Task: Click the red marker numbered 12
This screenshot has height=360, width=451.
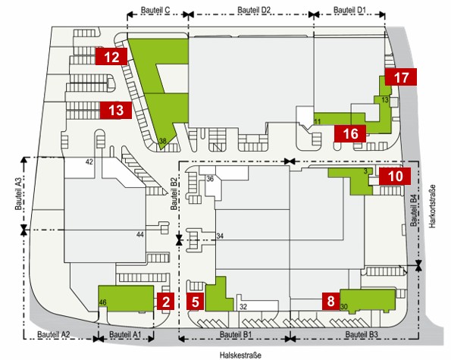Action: [111, 57]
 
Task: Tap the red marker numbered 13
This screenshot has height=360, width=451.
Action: [116, 110]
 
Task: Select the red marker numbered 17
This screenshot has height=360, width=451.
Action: [401, 77]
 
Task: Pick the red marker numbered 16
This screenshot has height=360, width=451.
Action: [350, 133]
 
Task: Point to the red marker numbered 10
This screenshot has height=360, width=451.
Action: [395, 176]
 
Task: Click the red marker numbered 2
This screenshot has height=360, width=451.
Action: [166, 302]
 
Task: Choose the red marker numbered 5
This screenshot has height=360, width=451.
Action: [196, 302]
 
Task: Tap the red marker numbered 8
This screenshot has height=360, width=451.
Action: [330, 302]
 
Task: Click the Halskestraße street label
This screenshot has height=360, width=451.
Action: [240, 355]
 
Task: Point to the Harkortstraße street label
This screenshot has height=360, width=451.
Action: [432, 206]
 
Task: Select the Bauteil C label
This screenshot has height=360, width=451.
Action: [155, 10]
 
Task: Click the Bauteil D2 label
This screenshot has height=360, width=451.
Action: [254, 10]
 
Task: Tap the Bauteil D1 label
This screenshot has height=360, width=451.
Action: [349, 10]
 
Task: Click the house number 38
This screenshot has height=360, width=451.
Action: [163, 141]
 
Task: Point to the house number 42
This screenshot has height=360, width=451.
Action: [89, 162]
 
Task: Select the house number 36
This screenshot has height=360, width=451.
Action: [210, 179]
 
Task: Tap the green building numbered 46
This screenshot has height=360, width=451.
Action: [126, 298]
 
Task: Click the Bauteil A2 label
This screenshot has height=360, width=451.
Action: [54, 335]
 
